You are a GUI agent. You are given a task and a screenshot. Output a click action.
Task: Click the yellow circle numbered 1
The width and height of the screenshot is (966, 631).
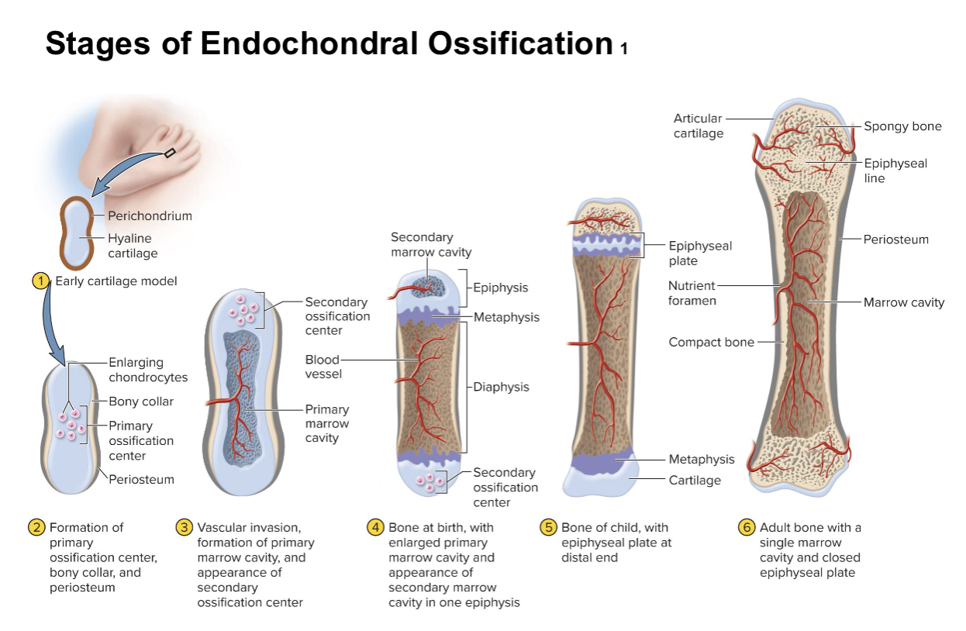click(x=40, y=281)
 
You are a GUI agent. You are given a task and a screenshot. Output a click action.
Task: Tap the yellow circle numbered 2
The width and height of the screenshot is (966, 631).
click(x=36, y=527)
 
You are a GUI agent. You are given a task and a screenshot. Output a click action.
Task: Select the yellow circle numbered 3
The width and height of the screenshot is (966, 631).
click(x=185, y=527)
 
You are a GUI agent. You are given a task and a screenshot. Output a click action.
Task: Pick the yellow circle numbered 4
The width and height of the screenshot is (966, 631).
click(x=375, y=527)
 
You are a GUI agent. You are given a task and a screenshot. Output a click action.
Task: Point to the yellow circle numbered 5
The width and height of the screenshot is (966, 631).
click(x=548, y=527)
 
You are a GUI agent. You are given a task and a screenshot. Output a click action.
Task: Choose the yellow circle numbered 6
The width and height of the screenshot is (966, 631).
click(x=747, y=527)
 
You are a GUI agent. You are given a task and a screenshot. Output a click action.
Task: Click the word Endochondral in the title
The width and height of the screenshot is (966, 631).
click(x=309, y=43)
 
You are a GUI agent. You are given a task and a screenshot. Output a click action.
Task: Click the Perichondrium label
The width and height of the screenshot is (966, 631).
click(x=150, y=216)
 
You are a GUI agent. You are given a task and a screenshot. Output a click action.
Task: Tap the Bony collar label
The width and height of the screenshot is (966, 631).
click(x=141, y=402)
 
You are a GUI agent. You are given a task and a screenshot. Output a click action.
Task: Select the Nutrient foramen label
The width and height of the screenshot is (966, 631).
click(x=692, y=293)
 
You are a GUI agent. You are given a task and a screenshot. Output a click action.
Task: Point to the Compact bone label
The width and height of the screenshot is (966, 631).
click(x=711, y=342)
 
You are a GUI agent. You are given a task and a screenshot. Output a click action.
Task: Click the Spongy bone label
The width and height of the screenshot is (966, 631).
click(x=902, y=126)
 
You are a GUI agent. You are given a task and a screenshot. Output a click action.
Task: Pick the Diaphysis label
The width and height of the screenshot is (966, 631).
click(x=501, y=387)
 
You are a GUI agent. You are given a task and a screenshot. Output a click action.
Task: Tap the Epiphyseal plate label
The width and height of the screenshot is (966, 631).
click(x=700, y=253)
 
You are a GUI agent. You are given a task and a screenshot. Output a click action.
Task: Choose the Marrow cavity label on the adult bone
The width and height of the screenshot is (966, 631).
click(x=903, y=302)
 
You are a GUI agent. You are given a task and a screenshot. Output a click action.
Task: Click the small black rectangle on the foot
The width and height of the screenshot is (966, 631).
click(x=170, y=152)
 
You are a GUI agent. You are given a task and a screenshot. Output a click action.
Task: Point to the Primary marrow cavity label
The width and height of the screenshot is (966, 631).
click(x=327, y=423)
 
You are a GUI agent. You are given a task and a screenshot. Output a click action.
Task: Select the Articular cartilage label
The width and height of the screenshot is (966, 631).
click(x=699, y=126)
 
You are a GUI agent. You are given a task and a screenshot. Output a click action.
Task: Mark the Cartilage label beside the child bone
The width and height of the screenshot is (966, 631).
click(x=695, y=480)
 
